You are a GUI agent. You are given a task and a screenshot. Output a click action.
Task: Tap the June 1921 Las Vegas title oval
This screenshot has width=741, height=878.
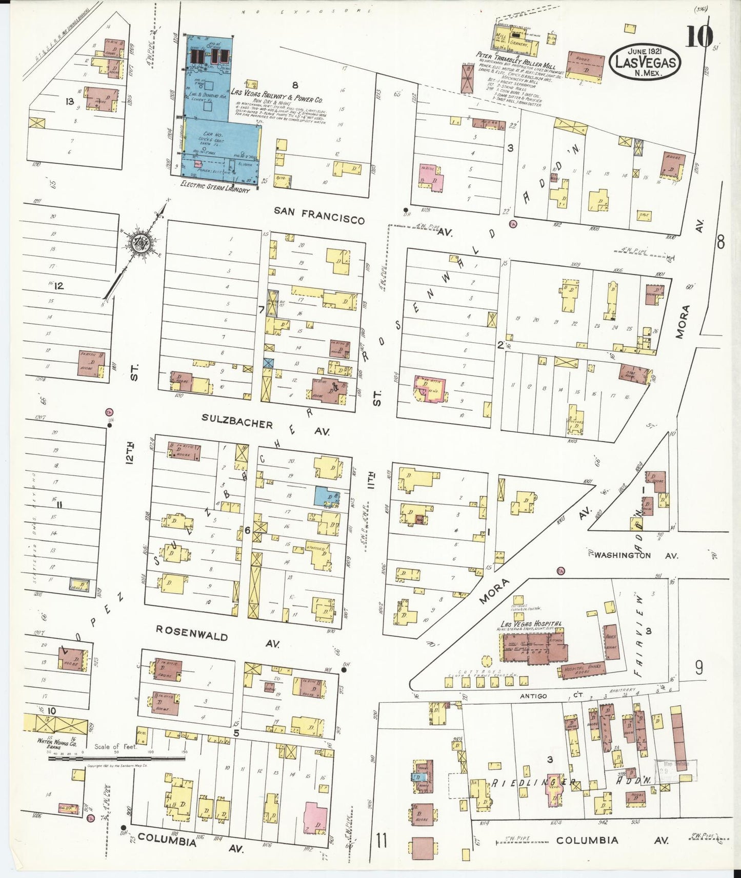pyautogui.click(x=645, y=60)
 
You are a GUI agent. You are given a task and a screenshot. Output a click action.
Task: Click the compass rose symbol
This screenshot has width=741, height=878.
pyautogui.click(x=139, y=244)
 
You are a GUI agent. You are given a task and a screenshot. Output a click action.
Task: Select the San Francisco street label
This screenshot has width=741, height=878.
pyautogui.click(x=319, y=215)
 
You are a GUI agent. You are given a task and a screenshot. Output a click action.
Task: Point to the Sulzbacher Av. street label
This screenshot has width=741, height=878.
pyautogui.click(x=265, y=427)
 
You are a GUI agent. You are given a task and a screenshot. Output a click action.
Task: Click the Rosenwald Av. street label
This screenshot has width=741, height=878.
pyautogui.click(x=217, y=639)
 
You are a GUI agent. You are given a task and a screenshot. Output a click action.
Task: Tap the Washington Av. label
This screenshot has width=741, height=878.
pyautogui.click(x=636, y=555)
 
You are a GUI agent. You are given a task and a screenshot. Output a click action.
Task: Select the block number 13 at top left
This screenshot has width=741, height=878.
pyautogui.click(x=69, y=101)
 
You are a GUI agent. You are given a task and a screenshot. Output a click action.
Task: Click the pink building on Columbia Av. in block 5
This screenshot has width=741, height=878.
pyautogui.click(x=315, y=817)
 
